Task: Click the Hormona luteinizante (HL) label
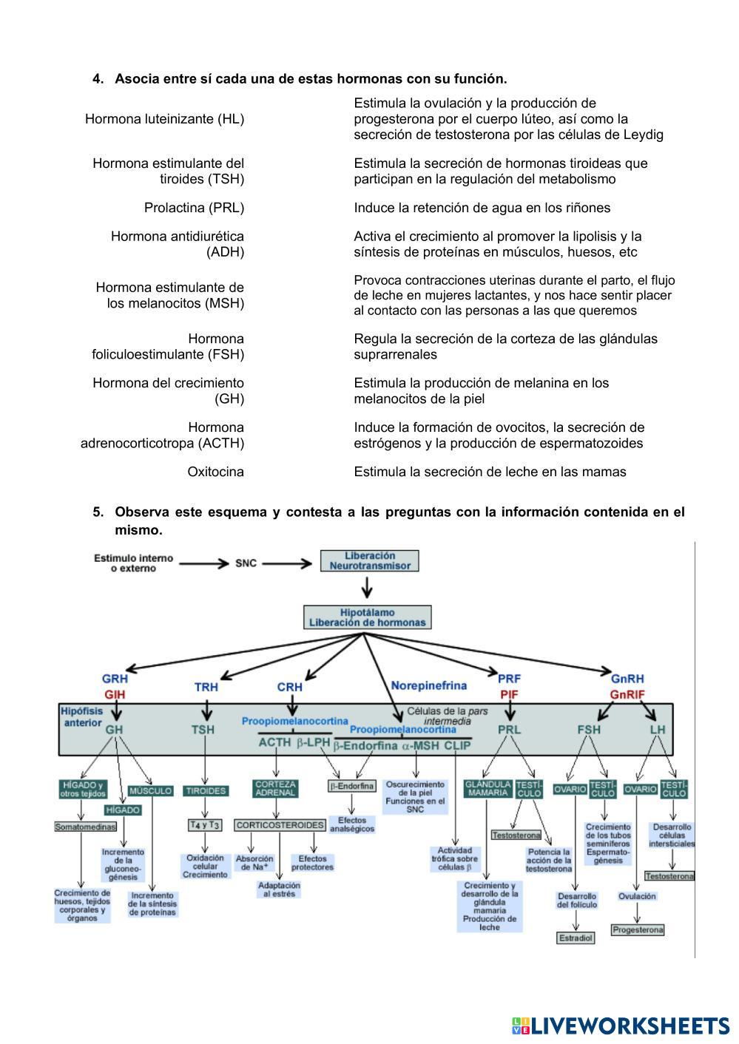pos(164,118)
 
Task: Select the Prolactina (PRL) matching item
pos(194,208)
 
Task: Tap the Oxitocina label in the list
pos(215,472)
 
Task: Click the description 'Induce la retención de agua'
pos(482,208)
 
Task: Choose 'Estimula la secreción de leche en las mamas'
pos(490,472)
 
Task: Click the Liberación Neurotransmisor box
pos(369,560)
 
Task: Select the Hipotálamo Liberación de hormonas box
pos(367,617)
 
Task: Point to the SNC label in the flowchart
pos(246,563)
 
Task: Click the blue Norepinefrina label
pos(428,685)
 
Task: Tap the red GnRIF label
pos(627,695)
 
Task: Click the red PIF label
pos(509,695)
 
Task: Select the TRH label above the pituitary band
pos(206,687)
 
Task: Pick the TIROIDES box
pos(206,790)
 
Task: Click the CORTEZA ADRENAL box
pos(275,788)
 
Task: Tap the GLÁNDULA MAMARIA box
pos(487,788)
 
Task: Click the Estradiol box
pos(576,938)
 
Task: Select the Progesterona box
pos(637,929)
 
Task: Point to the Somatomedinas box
pos(85,827)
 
